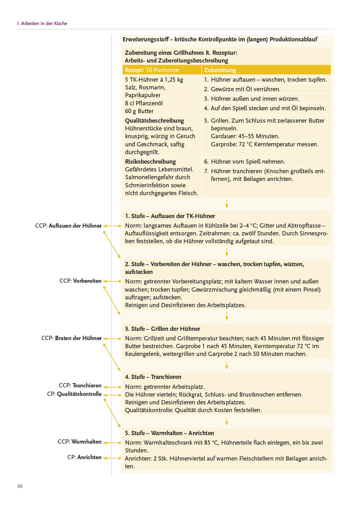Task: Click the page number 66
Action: (x=20, y=486)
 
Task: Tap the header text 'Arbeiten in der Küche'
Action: (x=44, y=23)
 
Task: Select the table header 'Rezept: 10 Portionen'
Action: (x=152, y=70)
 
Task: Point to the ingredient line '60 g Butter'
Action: (x=139, y=111)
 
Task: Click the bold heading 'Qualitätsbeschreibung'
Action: (x=155, y=121)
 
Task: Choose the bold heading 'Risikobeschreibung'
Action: (x=150, y=162)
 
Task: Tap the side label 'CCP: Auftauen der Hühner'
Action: (x=68, y=226)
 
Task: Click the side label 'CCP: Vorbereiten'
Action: (x=80, y=281)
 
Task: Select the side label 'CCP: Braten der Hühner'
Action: (x=71, y=338)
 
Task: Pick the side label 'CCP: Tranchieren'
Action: (x=80, y=385)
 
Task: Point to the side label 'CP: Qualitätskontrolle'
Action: (x=74, y=394)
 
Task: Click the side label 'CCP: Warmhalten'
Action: (x=80, y=441)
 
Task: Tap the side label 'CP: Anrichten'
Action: (x=84, y=457)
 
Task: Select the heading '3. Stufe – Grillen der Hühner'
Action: (x=162, y=329)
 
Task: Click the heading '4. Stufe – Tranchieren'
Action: (x=153, y=377)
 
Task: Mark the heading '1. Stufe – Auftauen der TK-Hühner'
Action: (x=170, y=216)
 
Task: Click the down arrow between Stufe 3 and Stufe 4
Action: (x=227, y=365)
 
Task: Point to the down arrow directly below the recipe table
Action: (x=227, y=204)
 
